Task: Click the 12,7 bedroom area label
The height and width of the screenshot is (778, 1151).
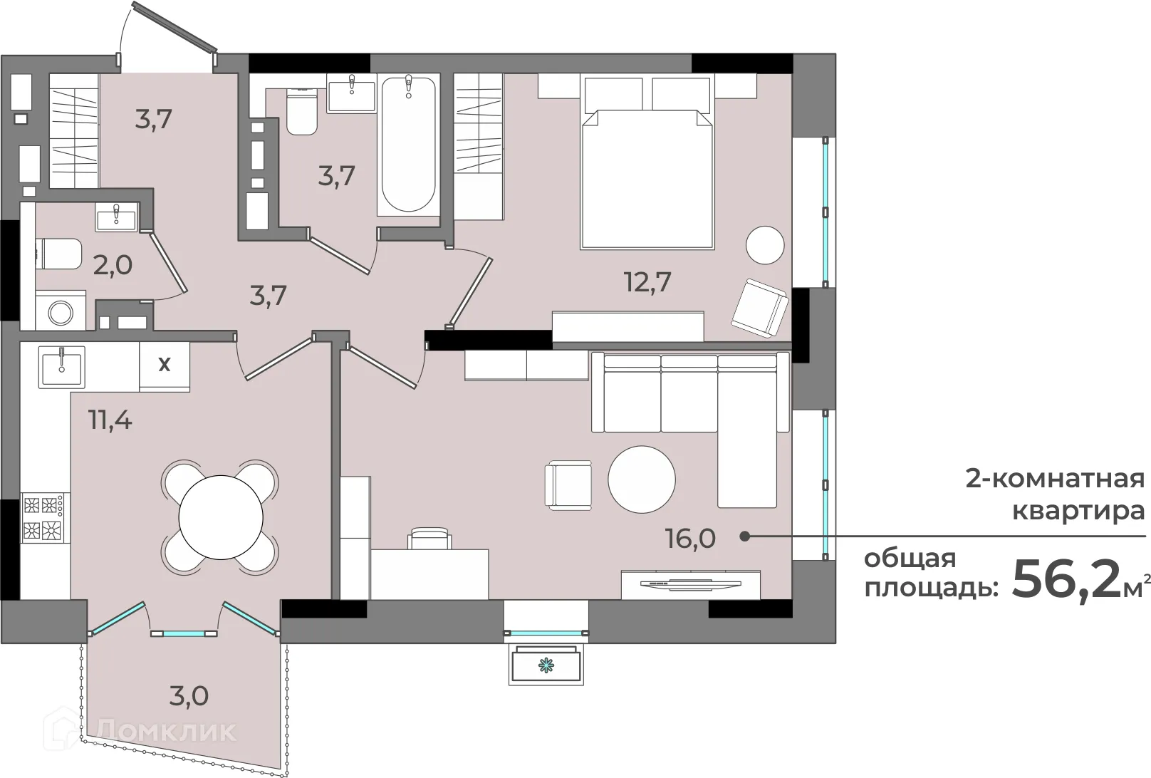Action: [647, 282]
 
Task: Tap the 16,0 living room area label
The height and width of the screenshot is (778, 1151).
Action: [691, 539]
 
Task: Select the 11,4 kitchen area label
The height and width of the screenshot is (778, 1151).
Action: [110, 420]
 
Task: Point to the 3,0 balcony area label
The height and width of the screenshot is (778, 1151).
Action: [189, 696]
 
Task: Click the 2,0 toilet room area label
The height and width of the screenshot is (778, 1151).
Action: [113, 265]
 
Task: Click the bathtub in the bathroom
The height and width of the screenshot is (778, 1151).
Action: [409, 145]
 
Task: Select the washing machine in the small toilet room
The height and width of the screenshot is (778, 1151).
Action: [61, 311]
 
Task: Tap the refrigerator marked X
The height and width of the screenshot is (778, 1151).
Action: [165, 366]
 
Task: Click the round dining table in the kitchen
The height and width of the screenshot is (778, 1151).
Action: [221, 517]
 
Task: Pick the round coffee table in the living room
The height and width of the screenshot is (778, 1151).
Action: [642, 479]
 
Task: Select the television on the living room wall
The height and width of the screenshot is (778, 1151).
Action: [691, 583]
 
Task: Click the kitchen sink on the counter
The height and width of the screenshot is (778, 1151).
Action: [62, 366]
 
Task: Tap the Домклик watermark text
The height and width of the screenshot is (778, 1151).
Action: [166, 731]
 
